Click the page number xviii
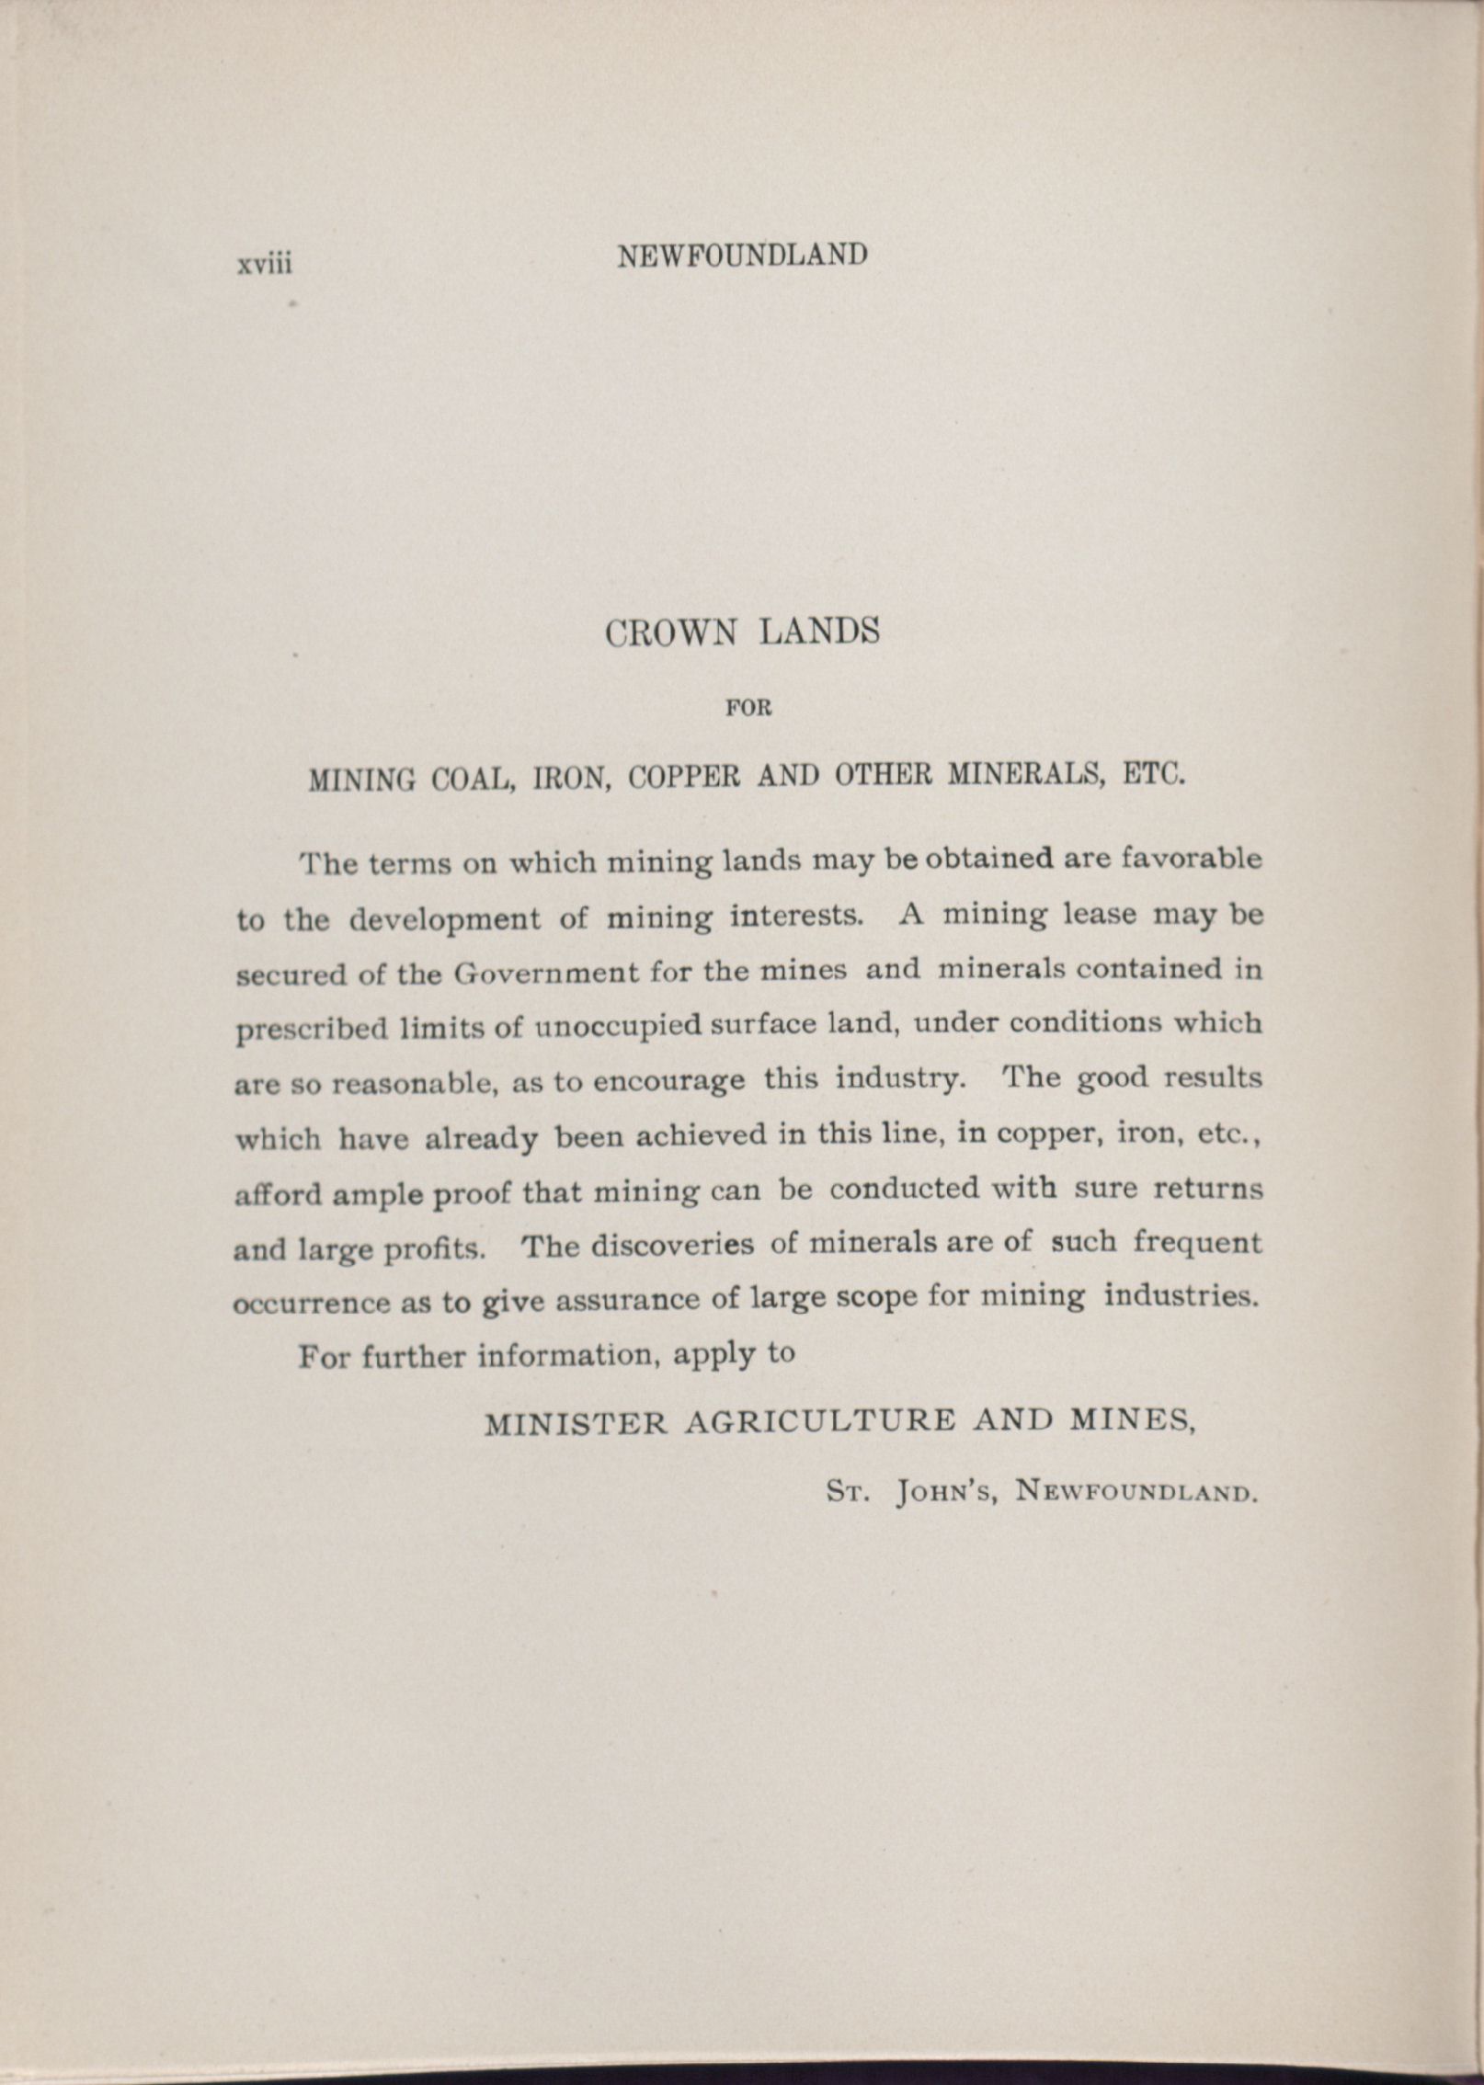[265, 264]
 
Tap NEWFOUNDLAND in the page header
[742, 255]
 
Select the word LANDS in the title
[819, 632]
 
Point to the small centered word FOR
[748, 709]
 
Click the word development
[446, 919]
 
